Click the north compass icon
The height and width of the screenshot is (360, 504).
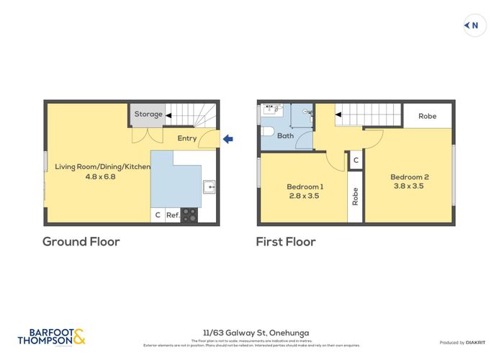472,26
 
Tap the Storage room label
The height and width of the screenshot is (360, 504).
148,114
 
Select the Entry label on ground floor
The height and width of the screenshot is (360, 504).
186,138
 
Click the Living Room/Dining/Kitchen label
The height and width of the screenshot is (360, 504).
103,166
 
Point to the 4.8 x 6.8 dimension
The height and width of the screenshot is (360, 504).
103,176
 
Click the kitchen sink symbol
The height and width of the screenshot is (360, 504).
210,187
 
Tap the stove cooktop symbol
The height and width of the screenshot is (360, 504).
189,215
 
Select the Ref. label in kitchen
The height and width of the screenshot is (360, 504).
173,215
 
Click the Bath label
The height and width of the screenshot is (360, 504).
286,135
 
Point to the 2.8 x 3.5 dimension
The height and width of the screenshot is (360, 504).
303,195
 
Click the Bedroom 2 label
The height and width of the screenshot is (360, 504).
409,176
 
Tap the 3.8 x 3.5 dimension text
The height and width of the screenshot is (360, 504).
409,186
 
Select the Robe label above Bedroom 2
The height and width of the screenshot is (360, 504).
427,116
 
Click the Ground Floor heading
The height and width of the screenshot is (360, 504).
81,242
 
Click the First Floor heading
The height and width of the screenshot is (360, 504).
286,242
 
